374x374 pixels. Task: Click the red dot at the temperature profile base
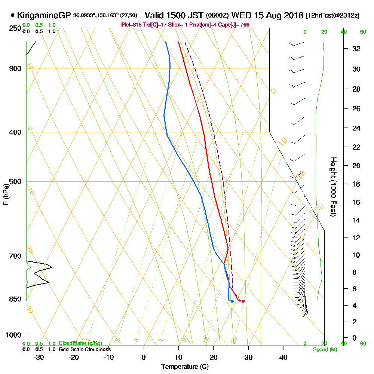pyautogui.click(x=243, y=301)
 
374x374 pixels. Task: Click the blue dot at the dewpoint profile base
pyautogui.click(x=232, y=301)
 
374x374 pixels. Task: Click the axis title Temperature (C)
pyautogui.click(x=185, y=367)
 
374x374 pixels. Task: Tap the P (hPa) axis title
pyautogui.click(x=6, y=194)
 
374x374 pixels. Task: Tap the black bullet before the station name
pyautogui.click(x=13, y=15)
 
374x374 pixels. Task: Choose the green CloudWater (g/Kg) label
pyautogui.click(x=80, y=343)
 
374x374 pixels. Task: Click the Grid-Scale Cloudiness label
pyautogui.click(x=84, y=349)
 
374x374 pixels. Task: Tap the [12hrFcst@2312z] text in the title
pyautogui.click(x=332, y=16)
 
